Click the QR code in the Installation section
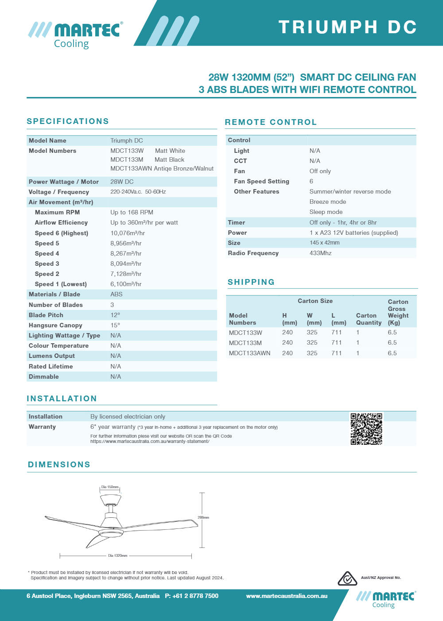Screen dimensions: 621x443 click(366, 429)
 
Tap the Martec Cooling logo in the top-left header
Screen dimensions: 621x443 click(76, 35)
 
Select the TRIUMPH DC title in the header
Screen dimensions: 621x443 click(348, 27)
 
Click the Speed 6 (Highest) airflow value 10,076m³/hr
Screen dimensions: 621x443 click(128, 233)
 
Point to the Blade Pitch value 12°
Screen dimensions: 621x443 click(115, 315)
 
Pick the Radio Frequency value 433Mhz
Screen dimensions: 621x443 click(320, 253)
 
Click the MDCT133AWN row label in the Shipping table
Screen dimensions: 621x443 click(249, 353)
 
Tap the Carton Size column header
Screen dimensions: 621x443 click(315, 301)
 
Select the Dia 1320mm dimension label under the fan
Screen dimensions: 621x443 click(118, 555)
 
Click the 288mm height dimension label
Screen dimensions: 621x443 click(203, 517)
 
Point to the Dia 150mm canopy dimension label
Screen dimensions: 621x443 click(110, 487)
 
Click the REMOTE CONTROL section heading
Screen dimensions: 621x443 click(271, 122)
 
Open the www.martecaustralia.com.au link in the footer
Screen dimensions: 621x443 click(287, 596)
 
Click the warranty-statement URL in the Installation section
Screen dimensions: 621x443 click(150, 441)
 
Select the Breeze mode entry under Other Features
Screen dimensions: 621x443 click(327, 202)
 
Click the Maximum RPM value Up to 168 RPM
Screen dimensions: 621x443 click(132, 212)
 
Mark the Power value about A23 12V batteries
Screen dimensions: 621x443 click(354, 233)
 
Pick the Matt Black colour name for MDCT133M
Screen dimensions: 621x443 click(169, 159)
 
